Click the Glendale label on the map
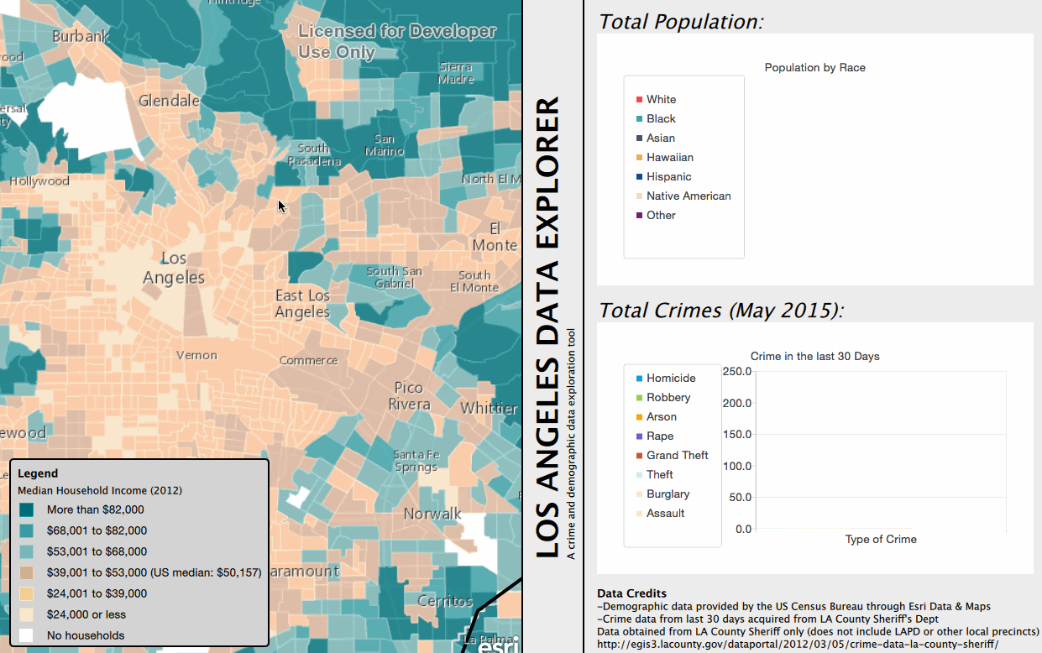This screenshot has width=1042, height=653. (169, 101)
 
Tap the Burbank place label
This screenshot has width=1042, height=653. (81, 37)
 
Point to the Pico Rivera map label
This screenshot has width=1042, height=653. (409, 395)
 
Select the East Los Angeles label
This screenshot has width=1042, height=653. (302, 304)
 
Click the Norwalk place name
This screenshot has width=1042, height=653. (432, 513)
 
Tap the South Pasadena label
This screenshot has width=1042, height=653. (314, 154)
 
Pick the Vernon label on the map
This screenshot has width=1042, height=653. (196, 355)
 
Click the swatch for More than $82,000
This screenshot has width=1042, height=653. (26, 509)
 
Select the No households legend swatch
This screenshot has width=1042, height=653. (26, 635)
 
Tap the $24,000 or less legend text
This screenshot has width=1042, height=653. (86, 614)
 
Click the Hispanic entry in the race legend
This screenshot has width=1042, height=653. (668, 176)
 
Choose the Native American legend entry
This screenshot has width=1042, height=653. (688, 196)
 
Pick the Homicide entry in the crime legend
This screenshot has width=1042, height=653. (670, 378)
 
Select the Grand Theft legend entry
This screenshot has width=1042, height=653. (677, 455)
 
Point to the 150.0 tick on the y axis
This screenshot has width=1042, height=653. (736, 434)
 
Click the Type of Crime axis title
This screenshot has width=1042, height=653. (881, 539)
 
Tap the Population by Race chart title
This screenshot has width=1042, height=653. (814, 68)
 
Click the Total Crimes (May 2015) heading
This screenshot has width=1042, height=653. (720, 311)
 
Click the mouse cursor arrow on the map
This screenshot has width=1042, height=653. (282, 206)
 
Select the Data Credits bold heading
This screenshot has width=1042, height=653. (631, 593)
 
